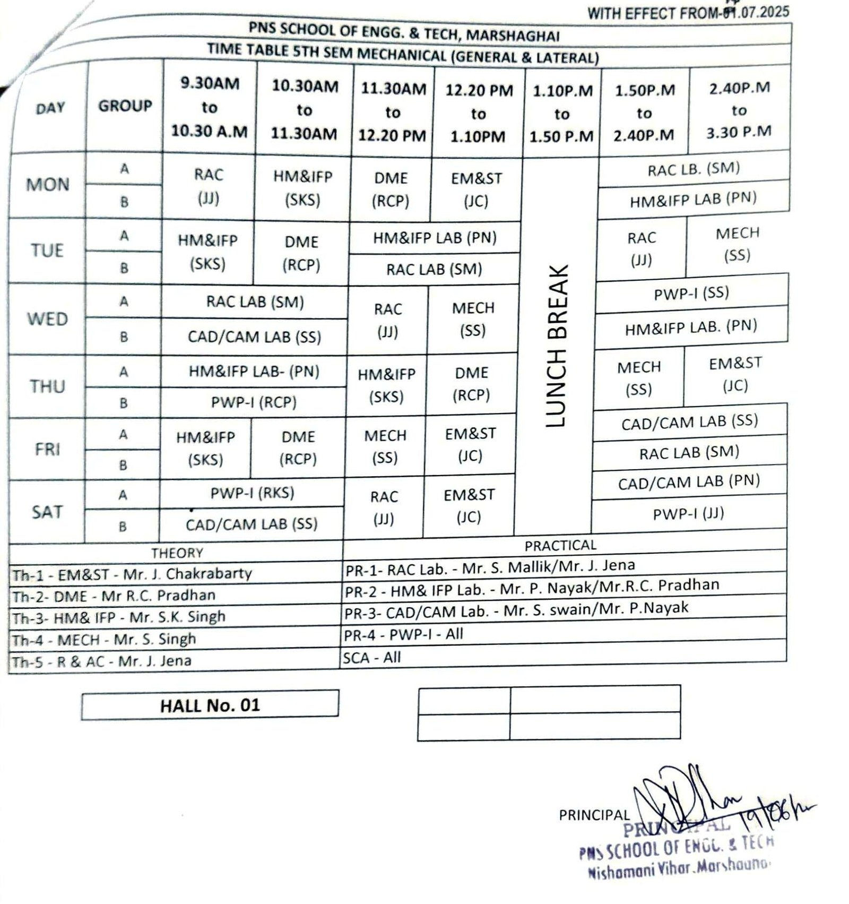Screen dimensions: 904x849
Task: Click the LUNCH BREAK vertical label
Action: [557, 346]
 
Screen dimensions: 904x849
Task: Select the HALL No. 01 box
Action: [210, 705]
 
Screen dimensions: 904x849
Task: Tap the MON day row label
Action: [48, 184]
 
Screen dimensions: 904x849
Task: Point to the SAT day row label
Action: [47, 512]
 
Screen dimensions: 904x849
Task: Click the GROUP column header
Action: [125, 106]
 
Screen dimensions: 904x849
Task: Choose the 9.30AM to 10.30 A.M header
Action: [210, 107]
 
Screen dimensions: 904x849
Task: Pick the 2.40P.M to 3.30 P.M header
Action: [739, 110]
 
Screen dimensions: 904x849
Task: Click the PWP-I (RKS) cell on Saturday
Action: [252, 493]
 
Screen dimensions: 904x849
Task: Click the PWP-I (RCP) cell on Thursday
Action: [254, 402]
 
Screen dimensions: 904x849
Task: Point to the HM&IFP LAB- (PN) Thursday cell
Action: [254, 371]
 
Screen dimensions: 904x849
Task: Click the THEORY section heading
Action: [177, 553]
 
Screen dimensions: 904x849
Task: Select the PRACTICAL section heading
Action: [560, 545]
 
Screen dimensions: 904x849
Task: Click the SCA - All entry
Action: [371, 658]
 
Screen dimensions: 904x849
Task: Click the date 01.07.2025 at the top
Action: [756, 12]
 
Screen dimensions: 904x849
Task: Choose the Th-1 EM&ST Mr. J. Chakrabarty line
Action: [132, 574]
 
